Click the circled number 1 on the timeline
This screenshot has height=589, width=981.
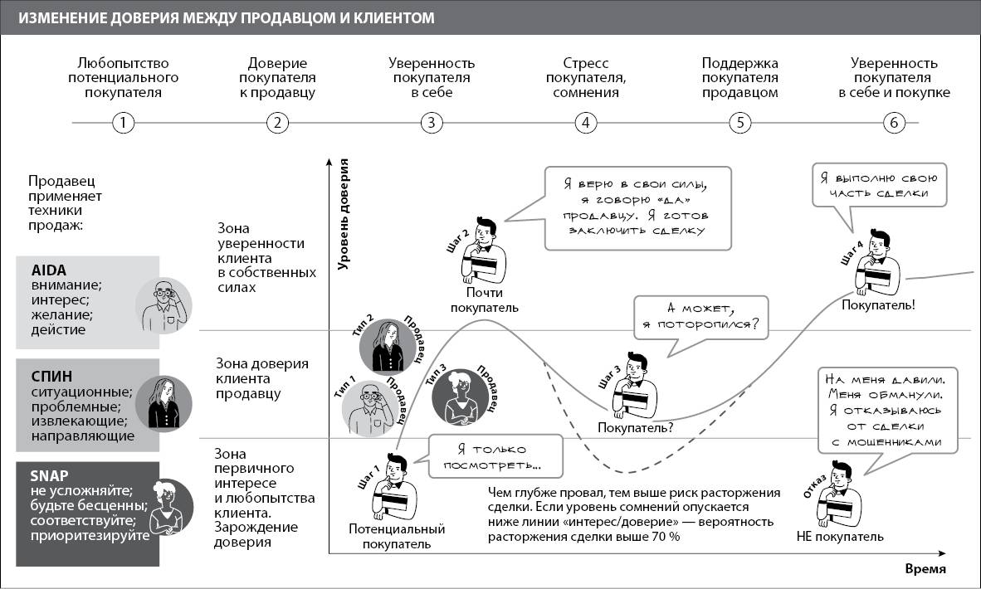pyautogui.click(x=123, y=124)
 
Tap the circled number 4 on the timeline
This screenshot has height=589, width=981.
pyautogui.click(x=586, y=124)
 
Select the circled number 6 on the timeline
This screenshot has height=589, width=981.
pyautogui.click(x=894, y=124)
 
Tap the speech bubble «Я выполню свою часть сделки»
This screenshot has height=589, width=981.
pyautogui.click(x=877, y=187)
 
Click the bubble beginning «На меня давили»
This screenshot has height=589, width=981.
pyautogui.click(x=886, y=410)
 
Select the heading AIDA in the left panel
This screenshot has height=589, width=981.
pyautogui.click(x=48, y=270)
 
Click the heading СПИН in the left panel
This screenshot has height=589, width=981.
pyautogui.click(x=51, y=376)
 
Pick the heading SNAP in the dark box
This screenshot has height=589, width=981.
pyautogui.click(x=48, y=475)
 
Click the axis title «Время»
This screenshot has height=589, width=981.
pyautogui.click(x=925, y=569)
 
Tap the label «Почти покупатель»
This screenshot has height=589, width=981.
pyautogui.click(x=484, y=300)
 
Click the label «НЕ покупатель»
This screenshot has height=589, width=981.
pyautogui.click(x=839, y=537)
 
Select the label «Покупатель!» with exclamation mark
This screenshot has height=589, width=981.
pyautogui.click(x=879, y=305)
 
